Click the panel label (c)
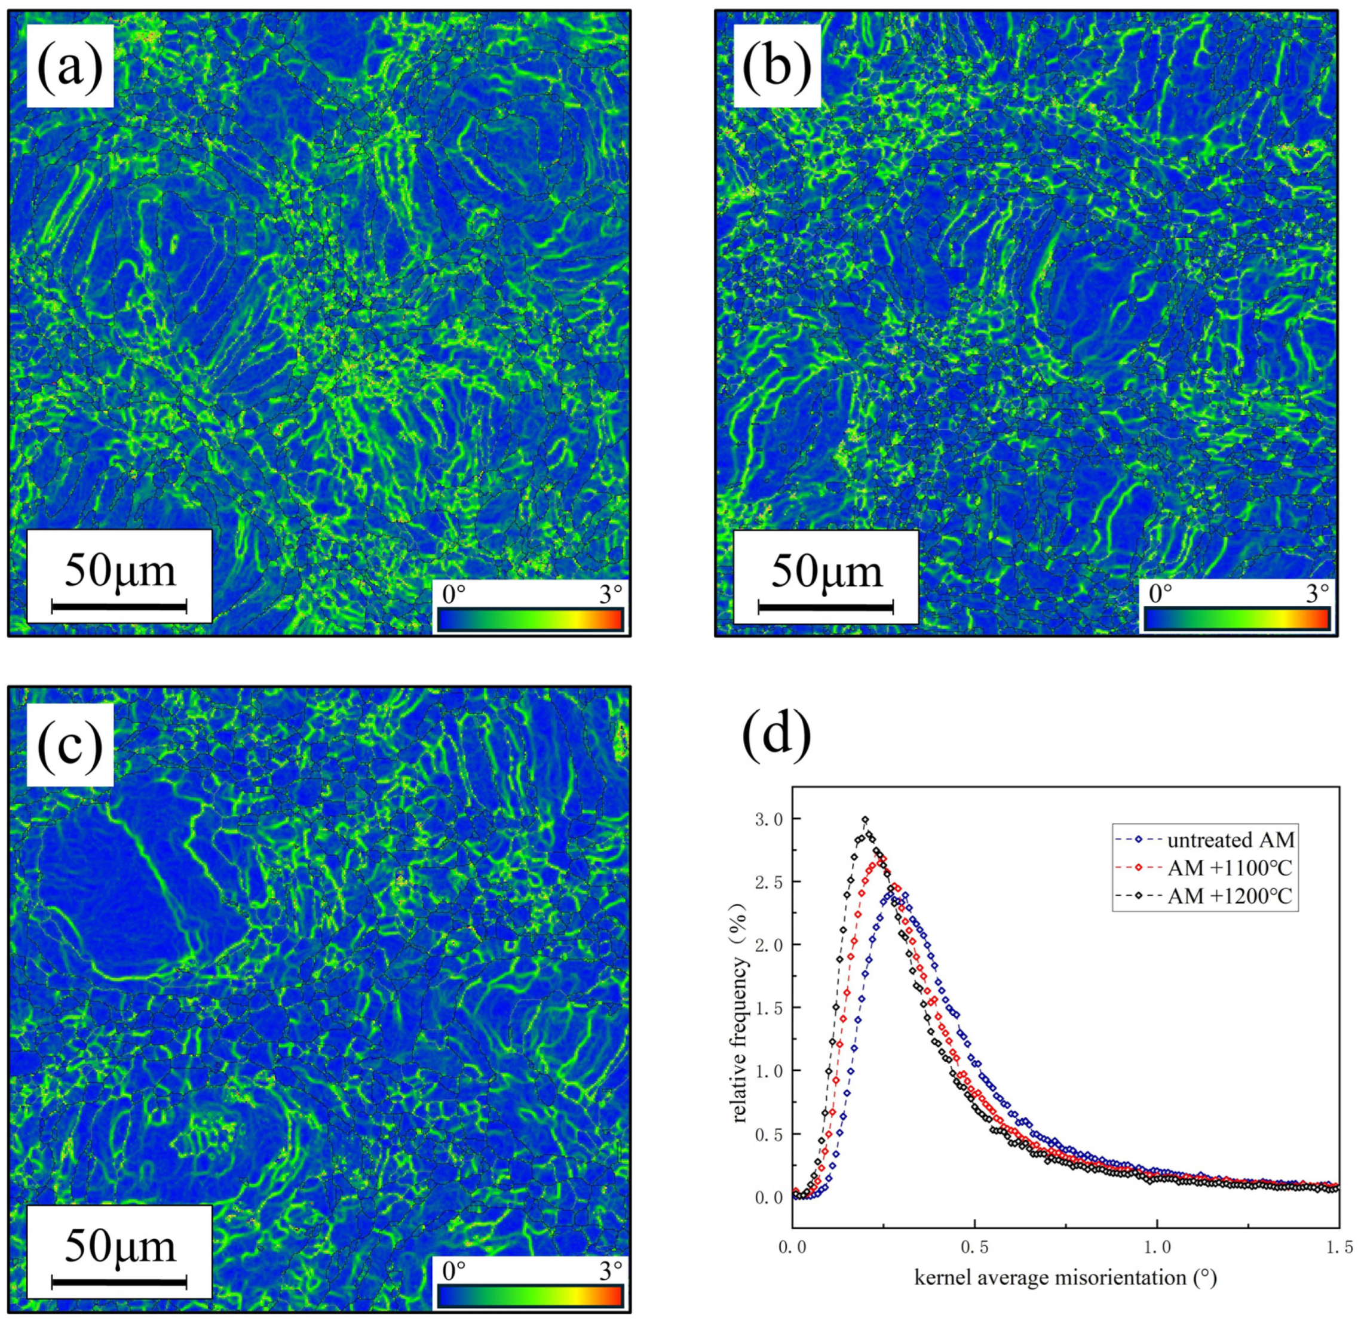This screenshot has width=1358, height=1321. point(69,745)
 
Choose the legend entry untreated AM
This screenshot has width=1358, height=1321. point(1230,840)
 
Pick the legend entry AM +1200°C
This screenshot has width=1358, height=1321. point(1230,896)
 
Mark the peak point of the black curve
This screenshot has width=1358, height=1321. point(865,819)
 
